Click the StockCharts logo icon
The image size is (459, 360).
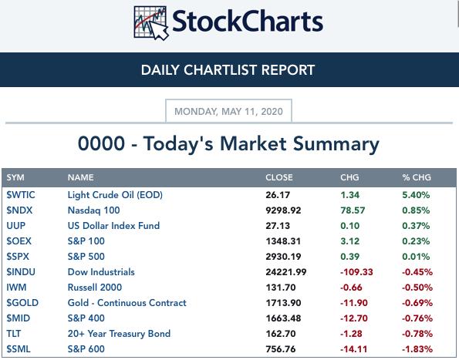coord(151,23)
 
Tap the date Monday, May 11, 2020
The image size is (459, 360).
coord(228,112)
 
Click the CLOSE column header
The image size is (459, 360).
coord(279,177)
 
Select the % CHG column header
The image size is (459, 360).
coord(417,177)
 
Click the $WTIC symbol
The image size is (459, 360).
coord(21,195)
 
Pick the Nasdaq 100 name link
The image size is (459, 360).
coord(93,210)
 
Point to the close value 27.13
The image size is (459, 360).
coord(278,226)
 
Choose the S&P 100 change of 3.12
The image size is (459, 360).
coord(349,241)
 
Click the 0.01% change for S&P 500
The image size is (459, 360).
coord(416,257)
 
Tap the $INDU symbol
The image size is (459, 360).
coord(21,272)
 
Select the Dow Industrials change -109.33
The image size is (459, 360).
coord(356,272)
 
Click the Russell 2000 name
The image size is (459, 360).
coord(95,288)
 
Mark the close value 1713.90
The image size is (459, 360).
coord(283,303)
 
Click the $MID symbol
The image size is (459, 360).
coord(19,318)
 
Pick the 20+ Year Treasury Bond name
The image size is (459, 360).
coord(119,334)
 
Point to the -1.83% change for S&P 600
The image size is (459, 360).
coord(417,349)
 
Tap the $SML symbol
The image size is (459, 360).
coord(19,349)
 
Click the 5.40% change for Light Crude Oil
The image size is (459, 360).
coord(416,195)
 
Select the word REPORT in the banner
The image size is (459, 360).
coord(288,70)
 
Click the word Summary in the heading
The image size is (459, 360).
coord(336,145)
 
